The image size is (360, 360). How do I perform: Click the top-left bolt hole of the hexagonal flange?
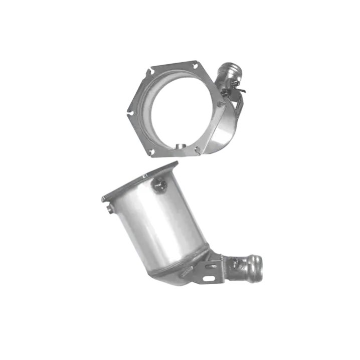click(x=148, y=72)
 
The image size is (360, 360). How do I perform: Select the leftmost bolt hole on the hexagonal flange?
click(x=129, y=111)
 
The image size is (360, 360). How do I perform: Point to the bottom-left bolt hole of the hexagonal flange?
click(x=150, y=150)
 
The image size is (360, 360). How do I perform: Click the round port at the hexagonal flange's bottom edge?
click(x=178, y=146)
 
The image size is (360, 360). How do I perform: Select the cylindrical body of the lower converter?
click(x=160, y=226)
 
